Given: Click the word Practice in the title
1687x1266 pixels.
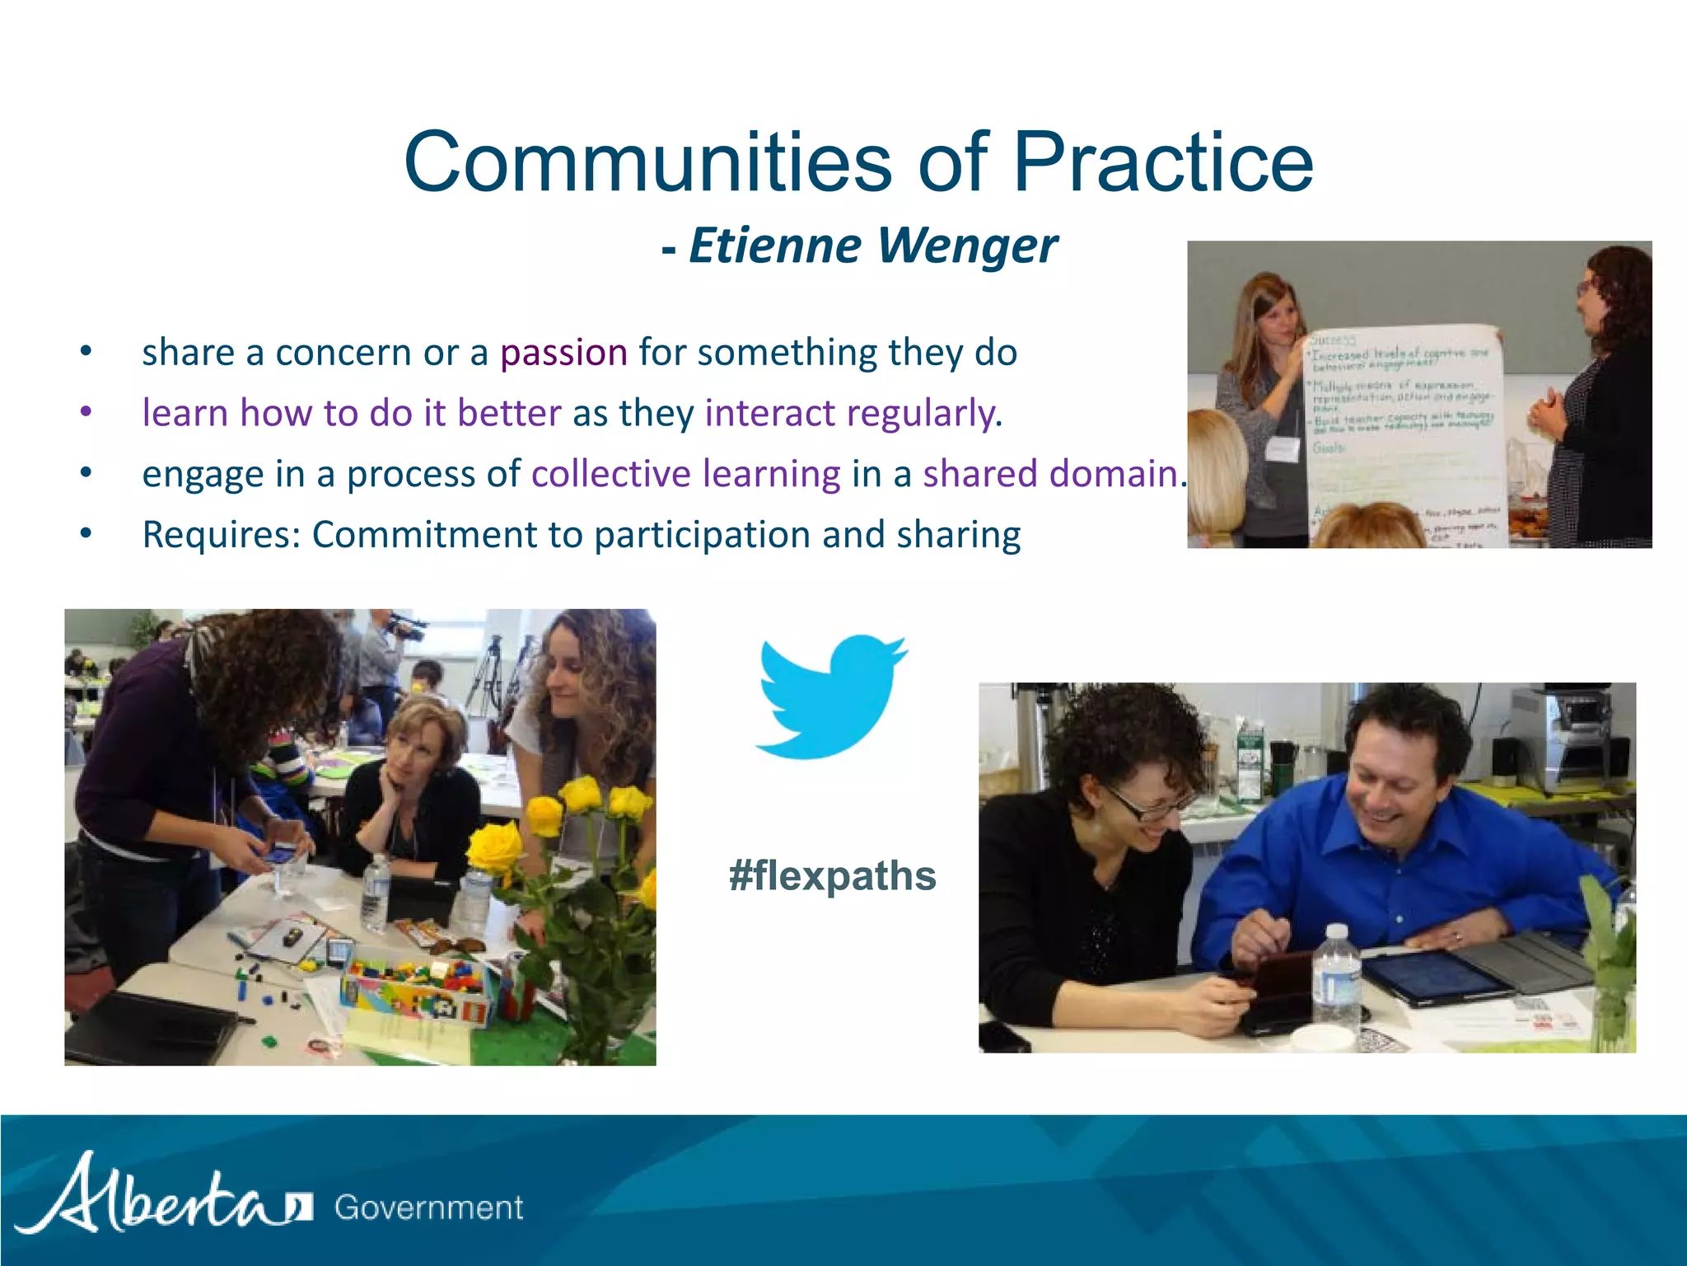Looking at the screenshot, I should pyautogui.click(x=1161, y=162).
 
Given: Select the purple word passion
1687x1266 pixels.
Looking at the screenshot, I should pyautogui.click(x=563, y=353).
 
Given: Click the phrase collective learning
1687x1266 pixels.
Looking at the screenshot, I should pyautogui.click(x=685, y=474).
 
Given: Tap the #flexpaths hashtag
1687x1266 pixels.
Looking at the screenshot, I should pyautogui.click(x=832, y=875).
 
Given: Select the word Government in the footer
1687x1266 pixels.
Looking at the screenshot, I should pyautogui.click(x=428, y=1208).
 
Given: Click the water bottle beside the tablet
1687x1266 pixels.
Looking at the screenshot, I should pyautogui.click(x=1334, y=981).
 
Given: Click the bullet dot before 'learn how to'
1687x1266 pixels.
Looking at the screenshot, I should pyautogui.click(x=86, y=412).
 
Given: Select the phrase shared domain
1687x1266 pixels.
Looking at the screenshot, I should pyautogui.click(x=1050, y=474).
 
